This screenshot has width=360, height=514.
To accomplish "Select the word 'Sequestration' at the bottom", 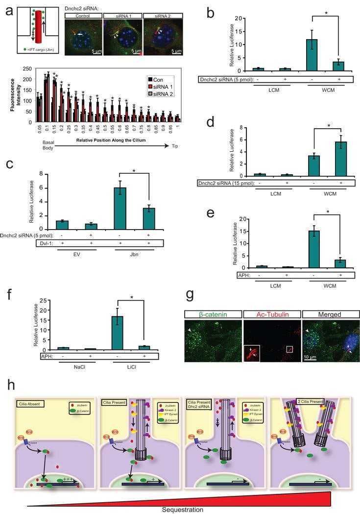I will [182, 509].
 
